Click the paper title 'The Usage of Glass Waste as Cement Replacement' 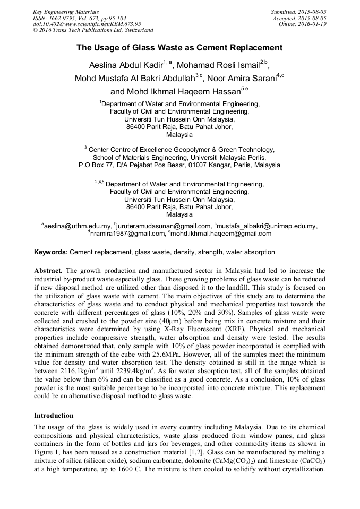tap(179, 48)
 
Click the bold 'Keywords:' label tap(51, 252)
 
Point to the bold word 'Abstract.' tap(48, 271)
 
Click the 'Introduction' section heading tap(54, 415)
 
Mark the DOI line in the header tap(87, 24)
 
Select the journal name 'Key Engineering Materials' tap(65, 12)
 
